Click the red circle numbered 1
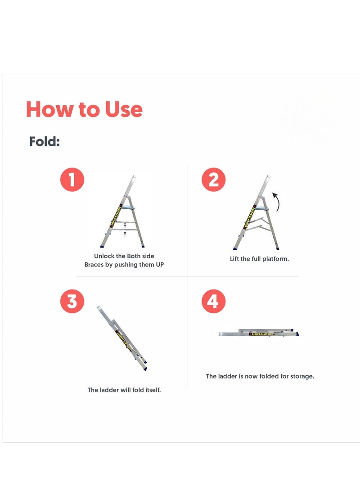coord(72,180)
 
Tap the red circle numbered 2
coord(213,180)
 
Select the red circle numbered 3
coord(72,302)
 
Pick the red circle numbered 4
coord(213,302)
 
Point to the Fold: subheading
coord(45,142)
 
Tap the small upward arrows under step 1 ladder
coord(125,229)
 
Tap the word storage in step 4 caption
coord(301,376)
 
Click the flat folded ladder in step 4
coord(260,333)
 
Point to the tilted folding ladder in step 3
coord(122,338)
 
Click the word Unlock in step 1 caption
coord(104,256)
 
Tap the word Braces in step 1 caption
coord(95,265)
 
